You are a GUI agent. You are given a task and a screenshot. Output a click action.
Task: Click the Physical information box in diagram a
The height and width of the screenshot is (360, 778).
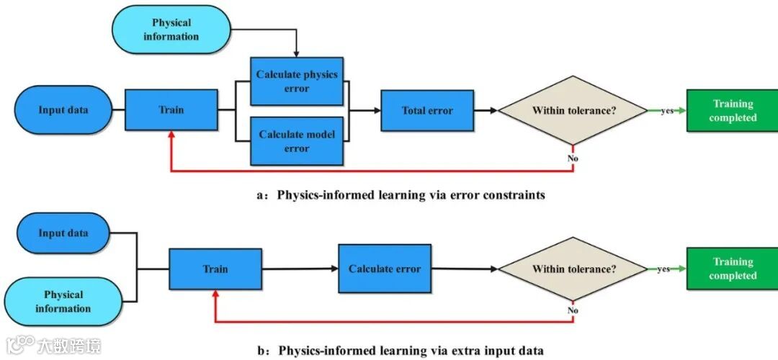tap(172, 30)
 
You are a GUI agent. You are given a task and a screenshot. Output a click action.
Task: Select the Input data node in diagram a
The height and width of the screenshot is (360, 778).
tap(63, 110)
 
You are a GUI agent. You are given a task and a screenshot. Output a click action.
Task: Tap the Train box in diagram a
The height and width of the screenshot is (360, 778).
tap(171, 110)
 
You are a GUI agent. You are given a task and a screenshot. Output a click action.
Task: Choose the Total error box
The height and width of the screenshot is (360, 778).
tap(427, 111)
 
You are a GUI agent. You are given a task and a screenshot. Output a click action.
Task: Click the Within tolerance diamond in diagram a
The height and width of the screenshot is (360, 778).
tap(573, 111)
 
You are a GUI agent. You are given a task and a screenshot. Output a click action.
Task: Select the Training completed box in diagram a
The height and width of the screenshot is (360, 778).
tap(732, 111)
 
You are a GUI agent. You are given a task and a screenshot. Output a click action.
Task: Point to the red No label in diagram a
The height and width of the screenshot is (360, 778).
tap(573, 157)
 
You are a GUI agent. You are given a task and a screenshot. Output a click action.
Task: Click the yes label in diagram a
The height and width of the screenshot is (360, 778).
tap(667, 111)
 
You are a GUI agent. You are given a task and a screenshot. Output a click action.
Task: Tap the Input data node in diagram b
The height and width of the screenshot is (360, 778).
tap(63, 233)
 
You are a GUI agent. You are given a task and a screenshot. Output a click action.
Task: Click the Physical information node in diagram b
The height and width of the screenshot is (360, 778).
tap(63, 302)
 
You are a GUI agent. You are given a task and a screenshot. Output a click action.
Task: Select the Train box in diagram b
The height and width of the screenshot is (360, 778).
tap(215, 269)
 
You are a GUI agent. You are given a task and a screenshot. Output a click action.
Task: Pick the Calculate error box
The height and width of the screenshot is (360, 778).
tap(385, 269)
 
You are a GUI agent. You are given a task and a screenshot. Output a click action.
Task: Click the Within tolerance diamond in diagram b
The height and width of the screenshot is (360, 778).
tap(573, 269)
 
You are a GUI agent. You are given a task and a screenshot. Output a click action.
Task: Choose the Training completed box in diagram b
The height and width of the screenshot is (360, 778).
tap(732, 269)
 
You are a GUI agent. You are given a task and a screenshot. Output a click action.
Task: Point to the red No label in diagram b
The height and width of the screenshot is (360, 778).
tap(573, 310)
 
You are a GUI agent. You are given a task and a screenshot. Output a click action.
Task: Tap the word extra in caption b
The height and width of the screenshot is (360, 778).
tap(434, 351)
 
